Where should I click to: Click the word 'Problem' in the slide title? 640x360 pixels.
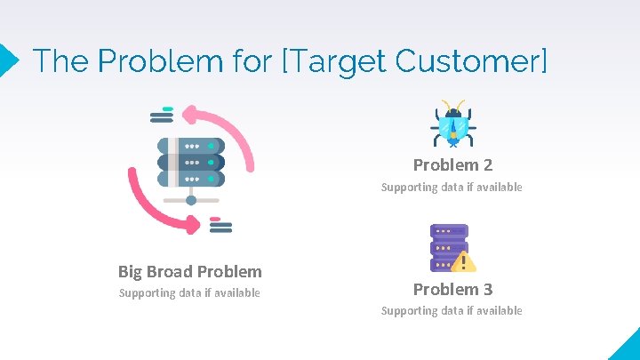point(158,60)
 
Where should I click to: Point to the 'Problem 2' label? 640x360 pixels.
point(452,164)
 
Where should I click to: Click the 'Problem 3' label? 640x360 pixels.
point(452,289)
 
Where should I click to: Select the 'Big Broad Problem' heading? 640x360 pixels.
point(189,271)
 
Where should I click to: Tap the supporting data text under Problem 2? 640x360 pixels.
point(452,187)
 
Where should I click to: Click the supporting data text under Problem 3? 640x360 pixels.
point(452,310)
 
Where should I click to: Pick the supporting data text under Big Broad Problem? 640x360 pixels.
point(189,292)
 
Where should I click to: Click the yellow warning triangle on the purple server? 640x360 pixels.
point(463,261)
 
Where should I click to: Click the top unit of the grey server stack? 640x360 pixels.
point(190,146)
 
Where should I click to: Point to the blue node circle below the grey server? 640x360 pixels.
point(191,200)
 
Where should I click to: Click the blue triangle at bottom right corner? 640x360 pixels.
point(626,347)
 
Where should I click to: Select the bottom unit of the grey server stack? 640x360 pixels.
point(190,179)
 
